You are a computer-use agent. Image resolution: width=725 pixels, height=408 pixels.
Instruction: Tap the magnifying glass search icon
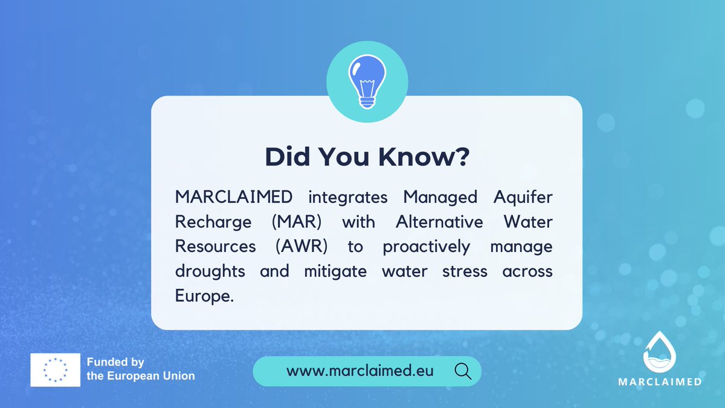[463, 371]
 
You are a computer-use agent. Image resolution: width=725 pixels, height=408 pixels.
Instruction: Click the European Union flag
[56, 369]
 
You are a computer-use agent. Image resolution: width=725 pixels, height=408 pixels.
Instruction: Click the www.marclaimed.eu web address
[360, 371]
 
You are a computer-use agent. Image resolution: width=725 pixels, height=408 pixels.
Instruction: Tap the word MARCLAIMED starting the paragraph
[234, 198]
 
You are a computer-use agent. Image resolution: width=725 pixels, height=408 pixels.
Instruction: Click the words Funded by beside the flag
[115, 363]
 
